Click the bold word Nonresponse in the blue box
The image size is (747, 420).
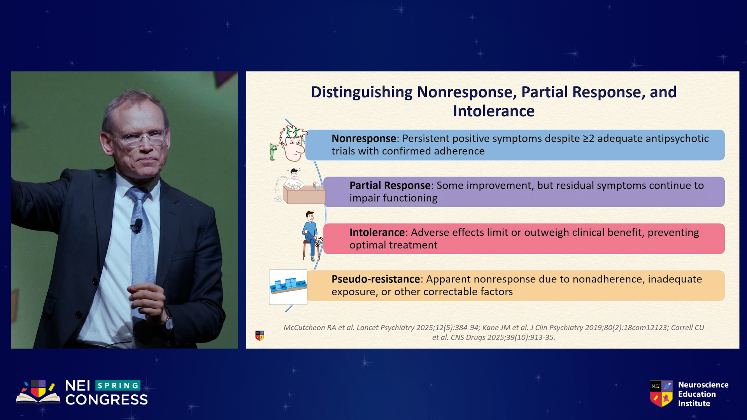pyautogui.click(x=364, y=138)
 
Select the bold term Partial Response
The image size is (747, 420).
pyautogui.click(x=390, y=185)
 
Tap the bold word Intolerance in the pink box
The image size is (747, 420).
pyautogui.click(x=377, y=232)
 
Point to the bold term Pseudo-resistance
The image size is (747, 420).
pyautogui.click(x=375, y=279)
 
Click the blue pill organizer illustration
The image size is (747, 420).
pyautogui.click(x=288, y=286)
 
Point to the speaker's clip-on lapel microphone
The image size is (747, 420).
pyautogui.click(x=137, y=226)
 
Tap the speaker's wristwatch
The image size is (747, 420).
pyautogui.click(x=169, y=322)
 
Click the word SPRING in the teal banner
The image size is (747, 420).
pyautogui.click(x=118, y=385)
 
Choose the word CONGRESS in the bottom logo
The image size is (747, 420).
pyautogui.click(x=107, y=400)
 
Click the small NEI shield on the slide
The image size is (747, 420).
pyautogui.click(x=260, y=336)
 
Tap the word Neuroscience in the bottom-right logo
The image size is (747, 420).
pyautogui.click(x=703, y=385)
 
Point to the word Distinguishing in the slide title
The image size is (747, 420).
pyautogui.click(x=361, y=93)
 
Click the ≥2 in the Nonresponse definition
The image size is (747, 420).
pyautogui.click(x=589, y=138)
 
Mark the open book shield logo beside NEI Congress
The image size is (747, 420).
pyautogui.click(x=38, y=392)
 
